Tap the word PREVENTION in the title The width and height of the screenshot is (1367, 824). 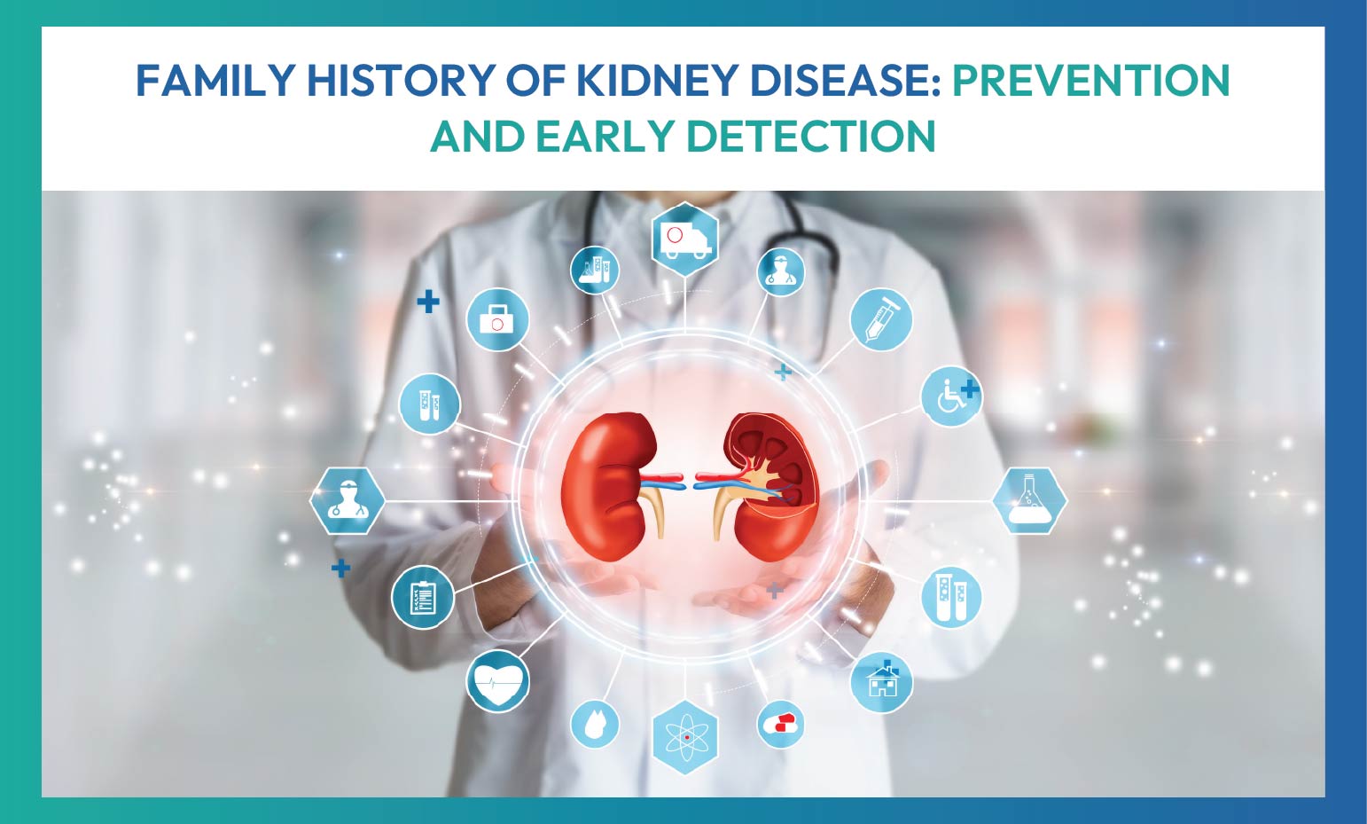click(x=1090, y=81)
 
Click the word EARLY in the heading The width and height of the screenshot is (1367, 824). click(x=605, y=137)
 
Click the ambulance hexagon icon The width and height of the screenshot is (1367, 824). click(x=684, y=239)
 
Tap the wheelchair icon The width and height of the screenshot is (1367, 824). click(x=951, y=396)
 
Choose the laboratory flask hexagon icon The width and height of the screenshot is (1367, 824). click(x=1029, y=501)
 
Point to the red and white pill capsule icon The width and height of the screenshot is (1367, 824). click(x=780, y=724)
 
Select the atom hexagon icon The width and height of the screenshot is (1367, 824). click(x=684, y=736)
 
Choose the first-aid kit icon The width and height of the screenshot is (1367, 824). click(x=497, y=319)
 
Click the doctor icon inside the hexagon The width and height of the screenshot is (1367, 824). click(x=347, y=501)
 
